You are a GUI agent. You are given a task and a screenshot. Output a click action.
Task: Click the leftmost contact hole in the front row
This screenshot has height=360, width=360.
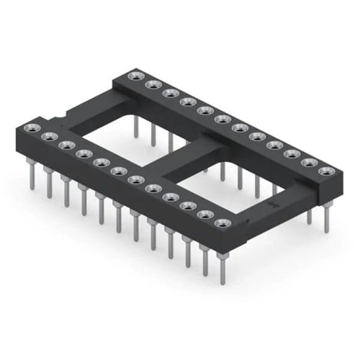coord(32,128)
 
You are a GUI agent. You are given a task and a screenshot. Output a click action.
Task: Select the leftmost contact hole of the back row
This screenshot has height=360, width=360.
coord(134,76)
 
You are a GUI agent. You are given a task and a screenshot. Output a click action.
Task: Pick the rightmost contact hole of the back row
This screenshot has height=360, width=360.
coord(327,171)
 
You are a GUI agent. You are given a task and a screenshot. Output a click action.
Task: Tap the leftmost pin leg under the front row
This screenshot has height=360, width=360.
coord(32,176)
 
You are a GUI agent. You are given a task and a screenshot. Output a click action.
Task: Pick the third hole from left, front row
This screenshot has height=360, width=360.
coord(67,145)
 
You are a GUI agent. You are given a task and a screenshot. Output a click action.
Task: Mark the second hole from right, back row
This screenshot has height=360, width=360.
coord(310,163)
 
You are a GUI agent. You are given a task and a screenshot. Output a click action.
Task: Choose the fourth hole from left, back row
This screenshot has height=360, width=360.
coord(187,102)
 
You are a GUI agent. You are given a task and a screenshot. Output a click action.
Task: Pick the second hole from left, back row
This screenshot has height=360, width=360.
coord(152,84)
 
